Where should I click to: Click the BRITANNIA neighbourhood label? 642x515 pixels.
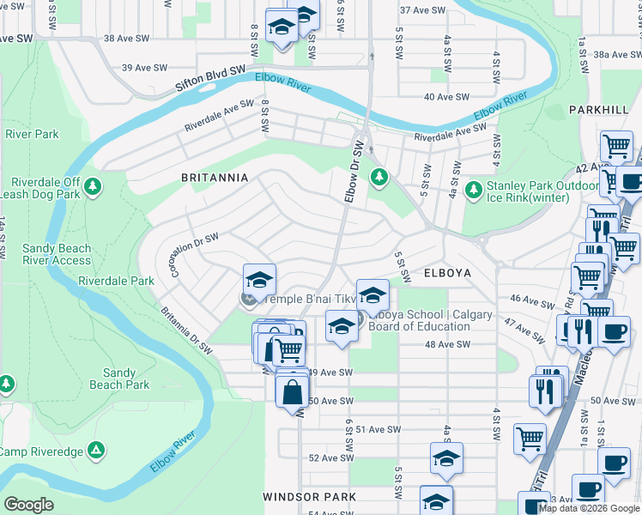click(214, 178)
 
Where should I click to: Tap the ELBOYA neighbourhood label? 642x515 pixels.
click(448, 273)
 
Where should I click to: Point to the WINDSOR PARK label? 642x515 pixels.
click(309, 497)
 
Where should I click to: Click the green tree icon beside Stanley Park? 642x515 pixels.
click(472, 188)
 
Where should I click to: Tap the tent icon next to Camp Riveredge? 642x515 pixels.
click(97, 450)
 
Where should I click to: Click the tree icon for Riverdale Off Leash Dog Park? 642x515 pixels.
click(94, 186)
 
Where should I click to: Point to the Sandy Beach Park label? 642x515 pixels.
click(119, 379)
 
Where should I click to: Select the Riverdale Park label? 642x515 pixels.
click(116, 281)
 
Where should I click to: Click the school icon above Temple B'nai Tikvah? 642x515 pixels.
click(259, 280)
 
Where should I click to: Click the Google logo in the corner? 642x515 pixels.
click(29, 505)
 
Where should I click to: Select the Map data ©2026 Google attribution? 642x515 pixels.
click(589, 508)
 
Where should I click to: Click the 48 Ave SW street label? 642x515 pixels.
click(448, 344)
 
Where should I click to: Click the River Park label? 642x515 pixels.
click(32, 134)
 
